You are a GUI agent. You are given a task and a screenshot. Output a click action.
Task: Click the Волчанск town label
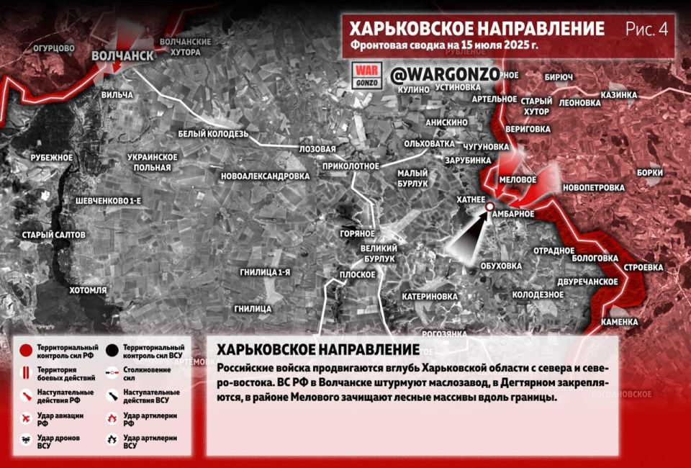pos(122,56)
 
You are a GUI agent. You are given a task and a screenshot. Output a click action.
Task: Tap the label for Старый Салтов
pos(54,235)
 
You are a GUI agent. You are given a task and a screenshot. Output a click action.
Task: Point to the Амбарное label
pos(515,213)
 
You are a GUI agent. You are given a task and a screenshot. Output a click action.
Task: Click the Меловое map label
pos(518,179)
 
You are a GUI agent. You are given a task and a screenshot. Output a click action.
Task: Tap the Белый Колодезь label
pos(213,134)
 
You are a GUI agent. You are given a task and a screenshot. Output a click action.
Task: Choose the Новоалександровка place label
pos(266,176)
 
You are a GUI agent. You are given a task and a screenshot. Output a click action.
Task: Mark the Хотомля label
pos(88,290)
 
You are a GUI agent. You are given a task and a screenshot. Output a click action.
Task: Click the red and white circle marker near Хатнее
pos(489,207)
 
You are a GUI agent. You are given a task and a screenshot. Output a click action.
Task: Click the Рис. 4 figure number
pos(646,29)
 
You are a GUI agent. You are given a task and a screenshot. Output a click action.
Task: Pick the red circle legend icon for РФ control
pos(26,351)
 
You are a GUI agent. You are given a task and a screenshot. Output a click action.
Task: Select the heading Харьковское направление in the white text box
pos(318,349)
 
